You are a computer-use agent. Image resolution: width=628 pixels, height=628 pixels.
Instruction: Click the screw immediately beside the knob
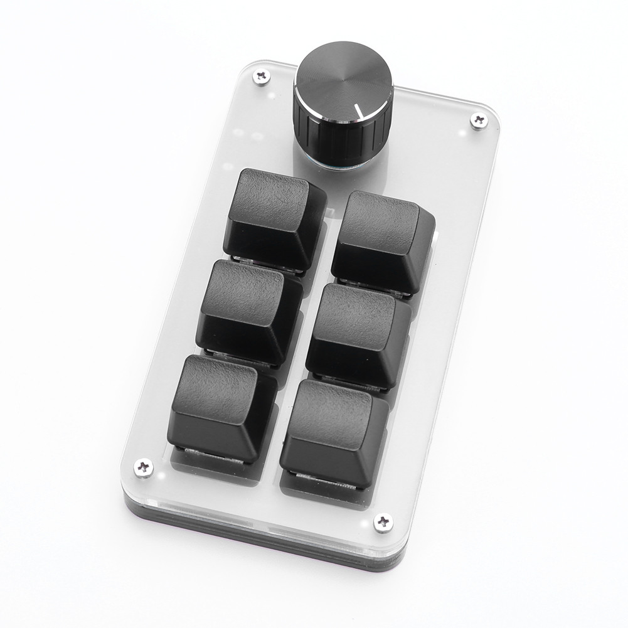coord(261,77)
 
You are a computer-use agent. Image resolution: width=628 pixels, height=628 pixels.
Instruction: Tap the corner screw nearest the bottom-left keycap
coord(144,467)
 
